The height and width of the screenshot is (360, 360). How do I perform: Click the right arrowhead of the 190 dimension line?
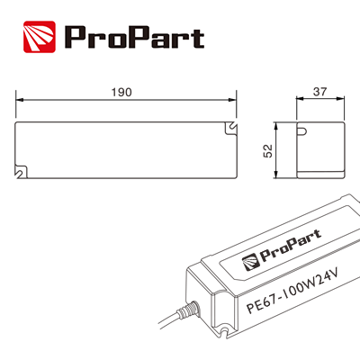tap(235, 102)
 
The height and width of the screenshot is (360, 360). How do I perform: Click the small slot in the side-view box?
tap(302, 136)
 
